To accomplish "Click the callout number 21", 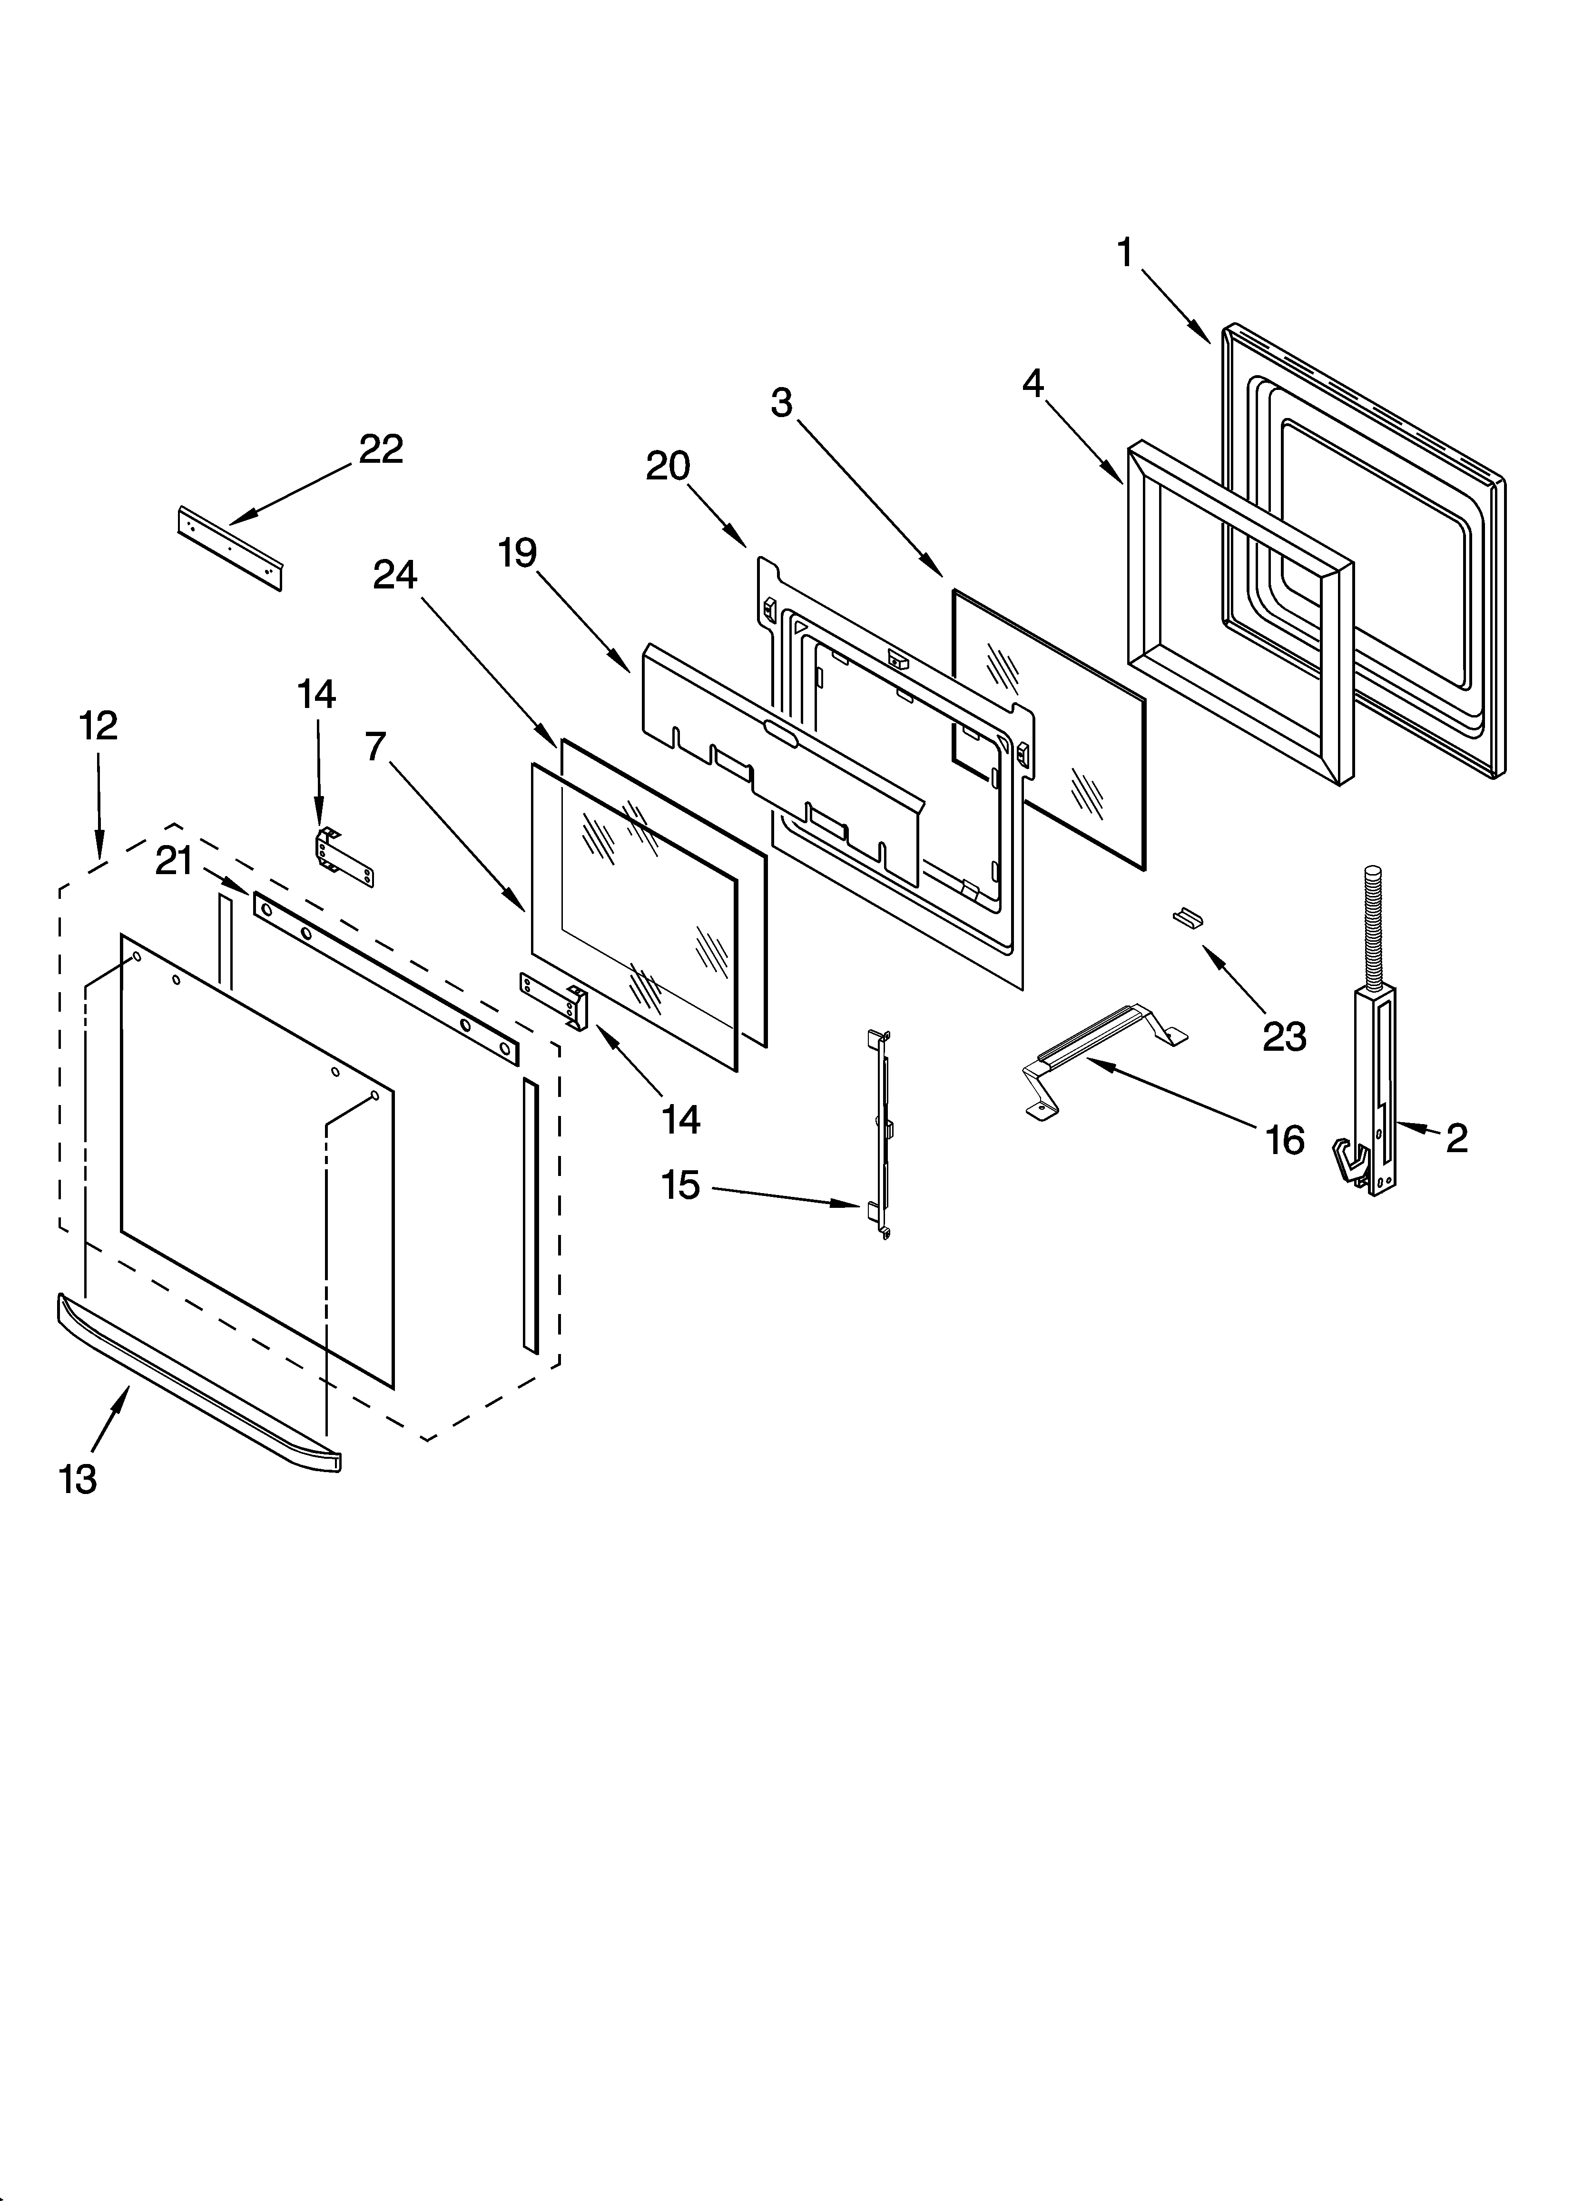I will point(175,861).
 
